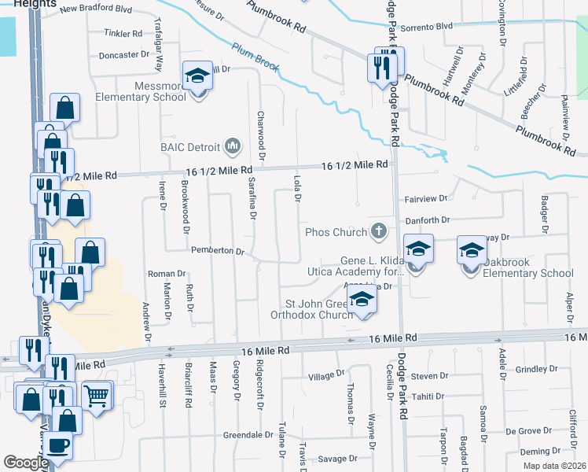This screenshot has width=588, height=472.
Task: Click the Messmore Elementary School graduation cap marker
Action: [197, 76]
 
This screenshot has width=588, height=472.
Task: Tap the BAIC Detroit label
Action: [191, 146]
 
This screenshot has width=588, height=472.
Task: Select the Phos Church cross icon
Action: [379, 231]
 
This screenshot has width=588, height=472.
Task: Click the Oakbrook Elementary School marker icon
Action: [472, 252]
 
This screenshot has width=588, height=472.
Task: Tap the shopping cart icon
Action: [96, 396]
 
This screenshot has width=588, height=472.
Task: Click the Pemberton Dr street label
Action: [219, 250]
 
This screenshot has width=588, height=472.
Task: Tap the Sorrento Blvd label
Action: [426, 26]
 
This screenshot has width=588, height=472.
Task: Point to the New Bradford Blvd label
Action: [96, 9]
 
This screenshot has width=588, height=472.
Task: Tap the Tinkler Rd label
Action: [123, 34]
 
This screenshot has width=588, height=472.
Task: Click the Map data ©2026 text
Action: [553, 466]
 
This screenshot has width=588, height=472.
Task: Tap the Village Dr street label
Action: [326, 376]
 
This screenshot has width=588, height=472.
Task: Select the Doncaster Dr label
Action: [123, 55]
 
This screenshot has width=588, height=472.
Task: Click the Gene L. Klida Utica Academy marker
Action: [419, 249]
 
